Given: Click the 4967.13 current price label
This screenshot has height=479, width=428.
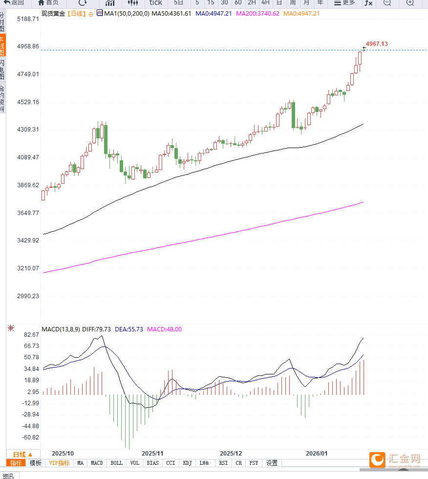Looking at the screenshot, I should pyautogui.click(x=377, y=44).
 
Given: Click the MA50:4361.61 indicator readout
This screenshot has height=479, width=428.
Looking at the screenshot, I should pyautogui.click(x=171, y=13).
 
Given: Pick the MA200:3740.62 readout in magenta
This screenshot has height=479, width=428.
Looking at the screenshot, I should pyautogui.click(x=257, y=13).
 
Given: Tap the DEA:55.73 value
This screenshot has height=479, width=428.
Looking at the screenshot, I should pyautogui.click(x=129, y=329).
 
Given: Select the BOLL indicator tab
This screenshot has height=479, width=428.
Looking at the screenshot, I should pyautogui.click(x=117, y=463).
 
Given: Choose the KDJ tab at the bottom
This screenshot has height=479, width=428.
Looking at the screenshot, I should pyautogui.click(x=188, y=463).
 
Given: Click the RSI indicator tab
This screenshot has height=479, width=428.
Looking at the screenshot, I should pyautogui.click(x=223, y=463).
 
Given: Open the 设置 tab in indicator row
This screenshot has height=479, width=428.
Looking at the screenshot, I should pyautogui.click(x=272, y=463).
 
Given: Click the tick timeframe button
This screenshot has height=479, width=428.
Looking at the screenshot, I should pyautogui.click(x=155, y=2).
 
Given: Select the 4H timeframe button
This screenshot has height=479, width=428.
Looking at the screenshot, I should pyautogui.click(x=265, y=2).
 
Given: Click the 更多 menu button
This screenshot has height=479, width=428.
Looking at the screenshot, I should pyautogui.click(x=345, y=2).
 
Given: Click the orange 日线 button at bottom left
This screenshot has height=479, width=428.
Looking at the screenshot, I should pyautogui.click(x=22, y=454).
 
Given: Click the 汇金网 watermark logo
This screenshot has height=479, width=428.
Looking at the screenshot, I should pyautogui.click(x=395, y=459).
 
